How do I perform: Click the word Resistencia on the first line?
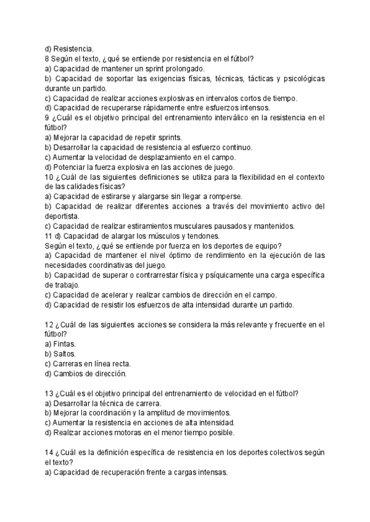73,49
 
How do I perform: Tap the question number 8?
47,59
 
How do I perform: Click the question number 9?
47,117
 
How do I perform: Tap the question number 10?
50,177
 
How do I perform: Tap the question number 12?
50,324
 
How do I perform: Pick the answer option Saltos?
64,353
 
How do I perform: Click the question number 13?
50,393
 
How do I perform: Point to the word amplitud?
176,412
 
